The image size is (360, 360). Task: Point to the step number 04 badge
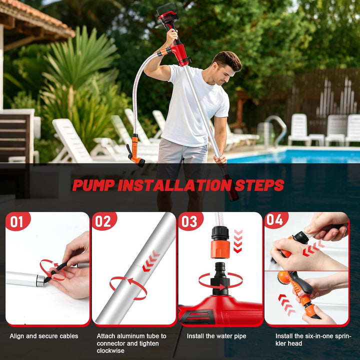(x=276, y=220)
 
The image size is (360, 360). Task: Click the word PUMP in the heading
(x=93, y=185)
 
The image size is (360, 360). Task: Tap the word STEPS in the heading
(x=259, y=185)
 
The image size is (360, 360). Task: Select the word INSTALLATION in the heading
(x=174, y=185)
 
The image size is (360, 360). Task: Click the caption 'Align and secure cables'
(x=44, y=336)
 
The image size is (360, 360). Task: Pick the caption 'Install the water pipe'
(x=216, y=336)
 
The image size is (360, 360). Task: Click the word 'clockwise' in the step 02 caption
(x=110, y=350)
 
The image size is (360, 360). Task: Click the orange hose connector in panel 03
(x=220, y=249)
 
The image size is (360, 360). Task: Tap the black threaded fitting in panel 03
(x=220, y=278)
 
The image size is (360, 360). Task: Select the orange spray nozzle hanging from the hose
(x=135, y=151)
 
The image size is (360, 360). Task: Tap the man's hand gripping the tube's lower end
(x=219, y=159)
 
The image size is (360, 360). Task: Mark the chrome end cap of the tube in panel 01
(x=40, y=281)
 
